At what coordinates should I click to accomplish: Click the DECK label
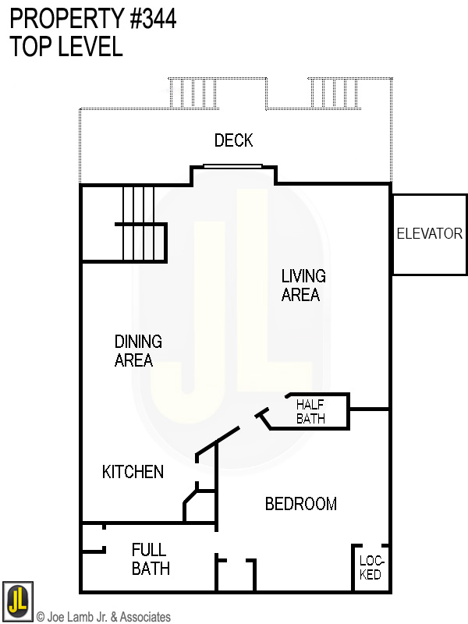coord(233,140)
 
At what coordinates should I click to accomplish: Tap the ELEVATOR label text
coord(430,233)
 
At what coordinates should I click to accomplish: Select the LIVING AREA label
coord(303,285)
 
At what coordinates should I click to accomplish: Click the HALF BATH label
coord(310,412)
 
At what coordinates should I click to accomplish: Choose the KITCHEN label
coord(133,472)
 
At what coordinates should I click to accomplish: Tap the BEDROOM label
coord(301,504)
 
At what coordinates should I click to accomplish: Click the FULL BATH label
coord(151,559)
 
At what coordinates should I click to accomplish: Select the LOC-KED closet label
coord(371,568)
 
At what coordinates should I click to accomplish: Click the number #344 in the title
coord(153,19)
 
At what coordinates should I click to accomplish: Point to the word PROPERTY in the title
coord(67,19)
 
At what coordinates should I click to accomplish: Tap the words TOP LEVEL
coord(66,46)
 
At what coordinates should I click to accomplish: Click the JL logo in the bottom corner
coord(17,601)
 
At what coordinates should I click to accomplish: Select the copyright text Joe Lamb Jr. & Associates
coord(104,617)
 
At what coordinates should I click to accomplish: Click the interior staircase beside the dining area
coord(140,224)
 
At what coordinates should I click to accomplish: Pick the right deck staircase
coord(335,93)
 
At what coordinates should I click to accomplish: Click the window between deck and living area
coord(232,166)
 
